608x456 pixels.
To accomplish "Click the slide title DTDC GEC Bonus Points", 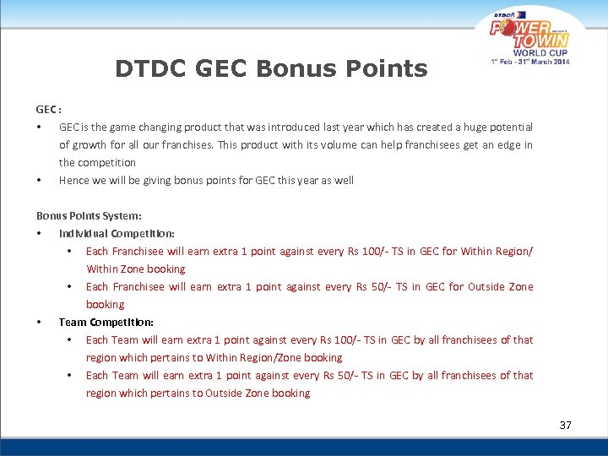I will pyautogui.click(x=271, y=68).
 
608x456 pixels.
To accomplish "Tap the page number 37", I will pyautogui.click(x=565, y=425).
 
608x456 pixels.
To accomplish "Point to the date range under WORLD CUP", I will pyautogui.click(x=530, y=61).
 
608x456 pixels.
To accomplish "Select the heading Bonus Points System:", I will pyautogui.click(x=89, y=215).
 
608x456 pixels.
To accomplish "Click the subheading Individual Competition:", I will pyautogui.click(x=117, y=233).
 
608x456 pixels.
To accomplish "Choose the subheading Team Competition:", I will pyautogui.click(x=106, y=322).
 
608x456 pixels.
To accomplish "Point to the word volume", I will pyautogui.click(x=323, y=144).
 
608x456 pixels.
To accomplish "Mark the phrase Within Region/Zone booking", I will pyautogui.click(x=274, y=357).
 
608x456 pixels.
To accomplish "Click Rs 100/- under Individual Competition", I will pyautogui.click(x=382, y=251).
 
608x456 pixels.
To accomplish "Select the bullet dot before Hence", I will pyautogui.click(x=39, y=181).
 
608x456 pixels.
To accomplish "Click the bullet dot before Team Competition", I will pyautogui.click(x=39, y=323).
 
